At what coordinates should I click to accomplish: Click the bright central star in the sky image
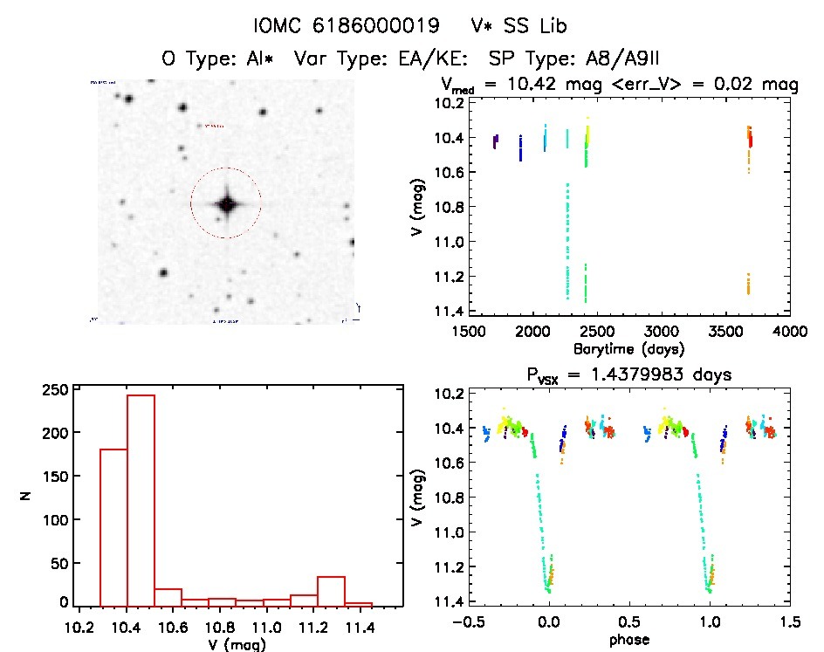pyautogui.click(x=227, y=204)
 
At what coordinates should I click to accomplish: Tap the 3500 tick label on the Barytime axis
pyautogui.click(x=725, y=333)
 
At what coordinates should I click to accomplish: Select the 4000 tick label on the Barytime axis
pyautogui.click(x=790, y=333)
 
